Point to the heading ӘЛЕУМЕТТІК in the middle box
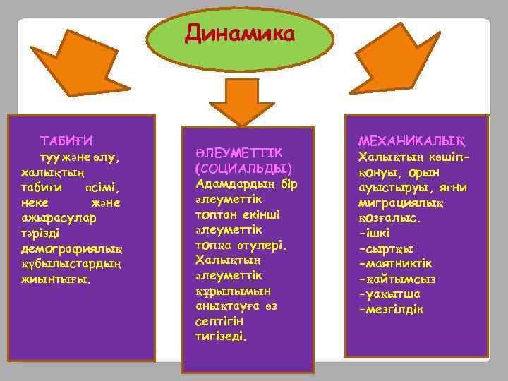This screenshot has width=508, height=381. pyautogui.click(x=238, y=153)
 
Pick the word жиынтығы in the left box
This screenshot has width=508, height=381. pyautogui.click(x=56, y=279)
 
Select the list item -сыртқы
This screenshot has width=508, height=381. pyautogui.click(x=386, y=248)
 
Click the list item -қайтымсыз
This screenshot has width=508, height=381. pyautogui.click(x=397, y=279)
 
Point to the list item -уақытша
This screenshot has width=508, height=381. pyautogui.click(x=389, y=294)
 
